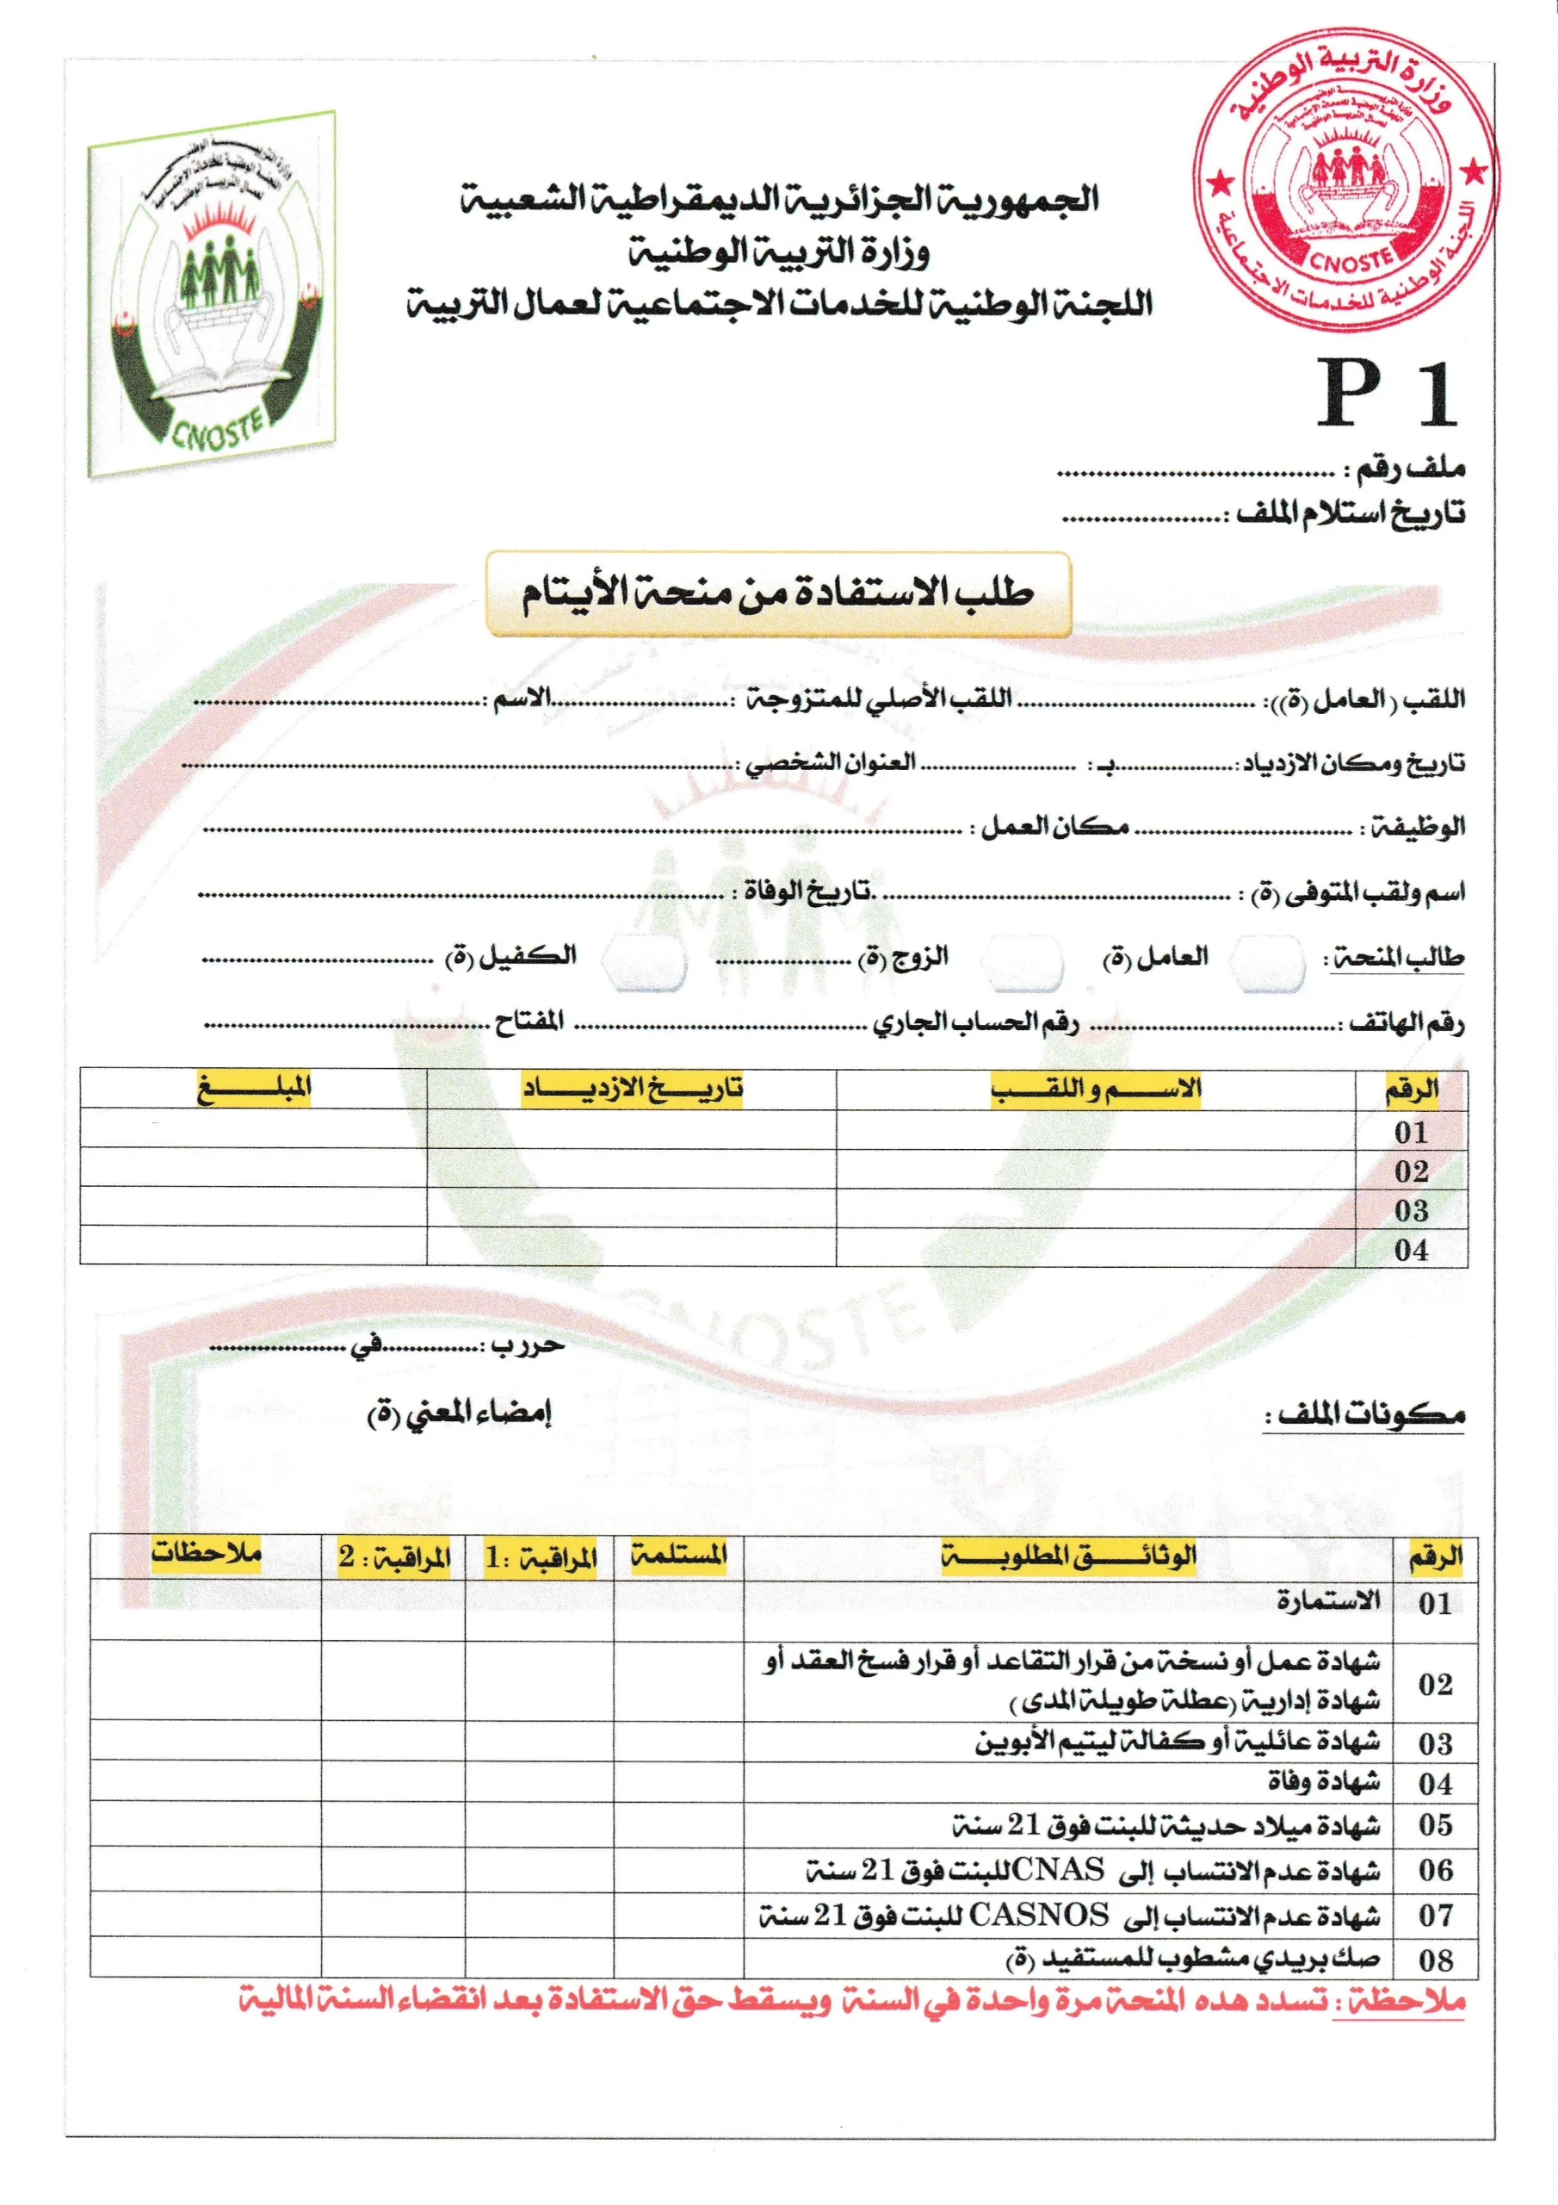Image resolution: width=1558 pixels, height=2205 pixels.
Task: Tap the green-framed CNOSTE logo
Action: point(213,293)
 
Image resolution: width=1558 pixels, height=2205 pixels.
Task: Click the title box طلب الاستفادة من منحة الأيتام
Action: point(777,593)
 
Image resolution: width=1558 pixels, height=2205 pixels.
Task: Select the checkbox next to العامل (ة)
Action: point(1267,962)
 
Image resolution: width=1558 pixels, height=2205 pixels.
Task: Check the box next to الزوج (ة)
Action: point(1023,962)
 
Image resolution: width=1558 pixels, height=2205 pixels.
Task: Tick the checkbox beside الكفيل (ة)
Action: point(645,962)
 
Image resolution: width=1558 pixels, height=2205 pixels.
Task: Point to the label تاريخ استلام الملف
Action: point(1350,514)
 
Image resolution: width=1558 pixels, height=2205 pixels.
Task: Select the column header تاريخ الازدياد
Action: point(632,1089)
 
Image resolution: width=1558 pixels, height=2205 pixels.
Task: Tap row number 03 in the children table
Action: point(1410,1210)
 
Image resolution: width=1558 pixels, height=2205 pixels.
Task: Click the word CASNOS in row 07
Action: point(1039,1915)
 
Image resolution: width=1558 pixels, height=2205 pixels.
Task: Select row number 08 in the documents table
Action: point(1434,1960)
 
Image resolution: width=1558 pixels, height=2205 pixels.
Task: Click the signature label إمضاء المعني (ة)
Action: point(459,1413)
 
